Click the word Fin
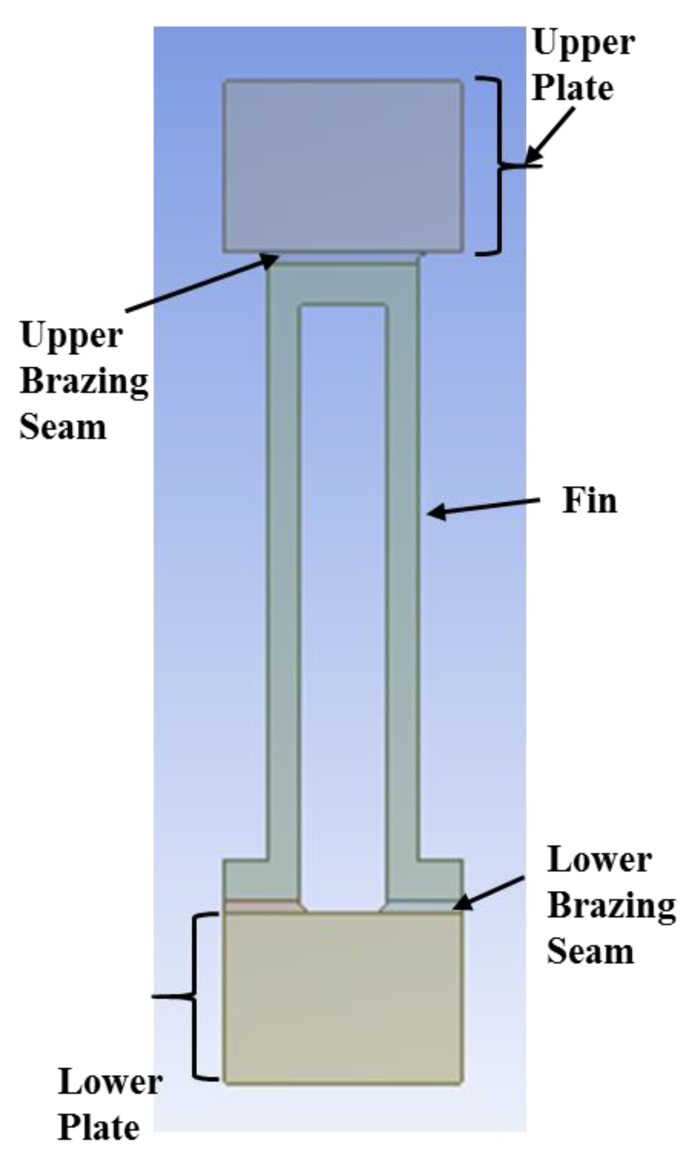[589, 501]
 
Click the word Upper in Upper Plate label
[584, 43]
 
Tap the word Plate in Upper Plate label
[572, 87]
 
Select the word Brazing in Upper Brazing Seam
[84, 381]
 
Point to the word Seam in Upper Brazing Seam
[63, 426]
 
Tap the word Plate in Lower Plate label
[99, 1128]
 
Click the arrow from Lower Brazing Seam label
[489, 892]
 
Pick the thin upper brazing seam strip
[348, 258]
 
